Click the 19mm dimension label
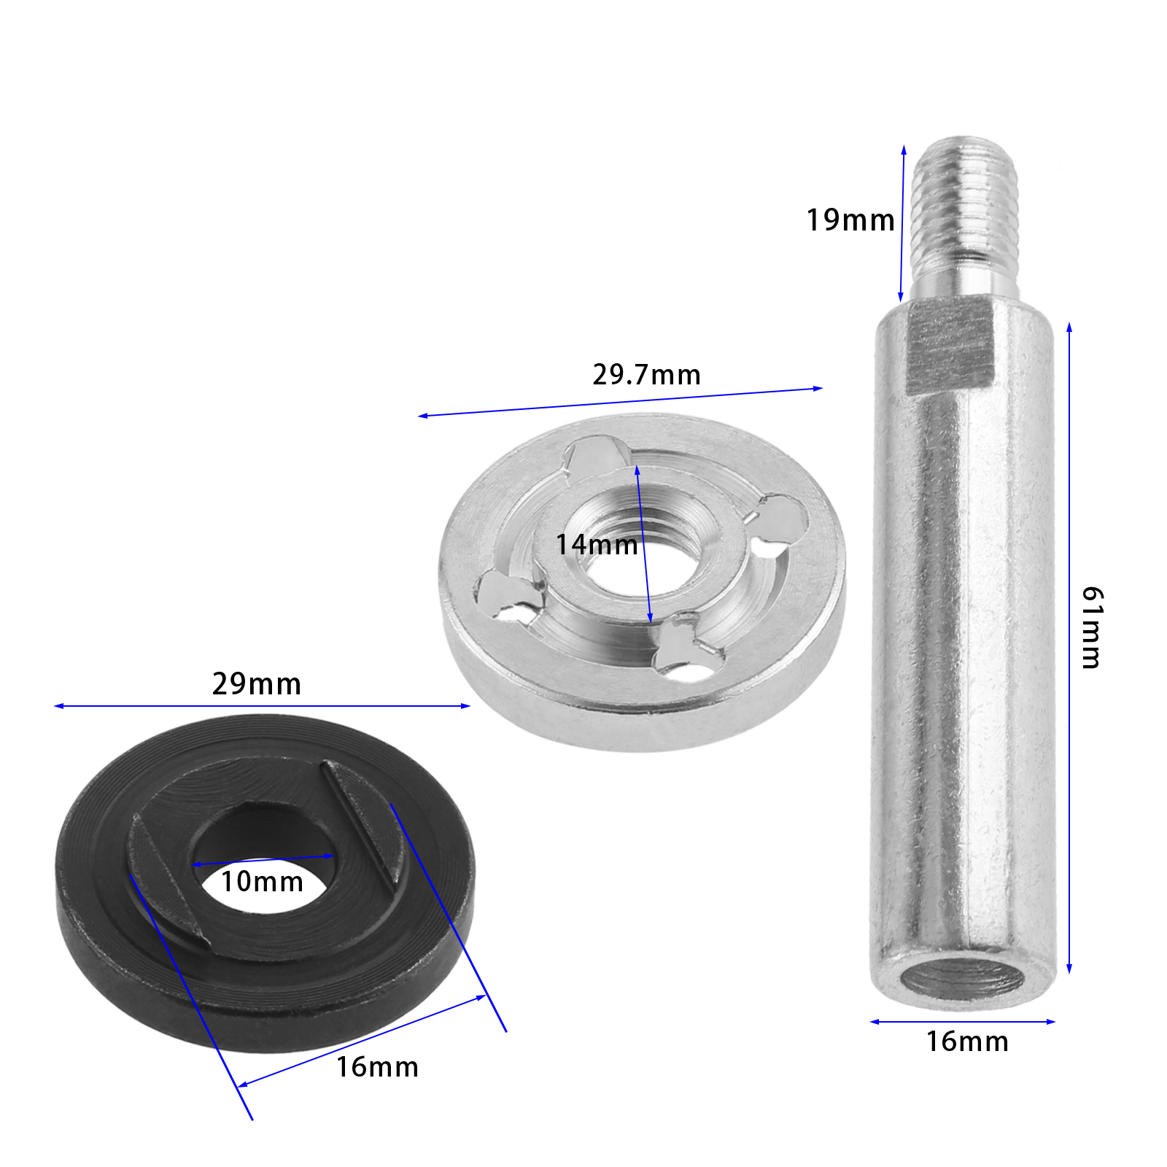click(850, 220)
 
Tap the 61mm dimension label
click(1092, 627)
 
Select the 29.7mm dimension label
click(646, 375)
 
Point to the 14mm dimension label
click(597, 545)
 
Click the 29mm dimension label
click(257, 684)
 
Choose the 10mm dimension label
click(262, 882)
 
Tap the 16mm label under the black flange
click(377, 1067)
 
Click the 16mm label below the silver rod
click(967, 1042)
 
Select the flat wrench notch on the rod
click(950, 349)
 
